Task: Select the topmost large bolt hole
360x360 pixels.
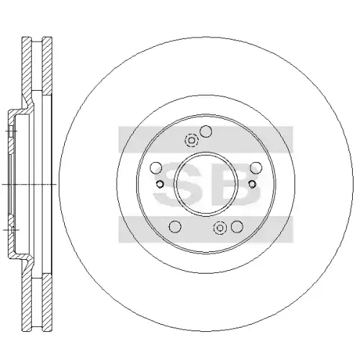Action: (x=206, y=131)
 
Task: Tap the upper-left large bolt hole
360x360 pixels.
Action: (x=156, y=168)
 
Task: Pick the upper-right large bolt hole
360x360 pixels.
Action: (x=256, y=168)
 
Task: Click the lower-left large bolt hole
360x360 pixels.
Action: (x=175, y=227)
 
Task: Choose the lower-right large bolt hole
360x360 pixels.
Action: (x=237, y=227)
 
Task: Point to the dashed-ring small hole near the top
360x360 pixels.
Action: (x=192, y=140)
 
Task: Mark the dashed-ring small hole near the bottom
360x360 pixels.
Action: (x=220, y=228)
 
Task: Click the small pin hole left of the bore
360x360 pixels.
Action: (x=160, y=184)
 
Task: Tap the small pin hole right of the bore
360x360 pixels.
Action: (x=252, y=184)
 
